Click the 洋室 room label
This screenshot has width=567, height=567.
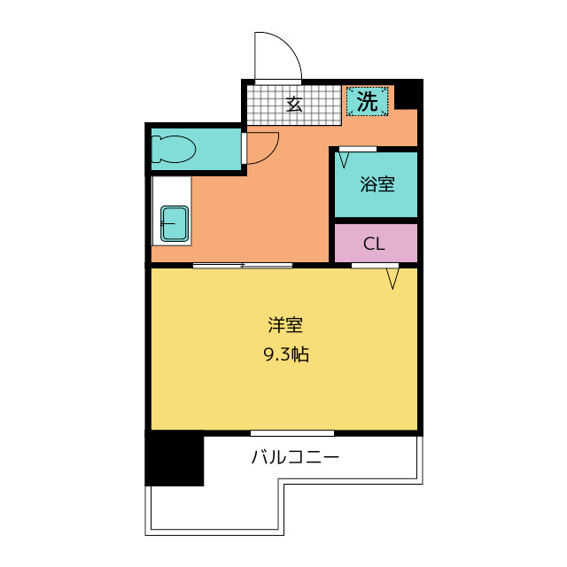tap(285, 325)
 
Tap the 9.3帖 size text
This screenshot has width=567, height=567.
tap(286, 354)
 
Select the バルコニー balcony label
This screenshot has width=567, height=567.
tap(295, 457)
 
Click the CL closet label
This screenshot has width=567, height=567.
tap(374, 244)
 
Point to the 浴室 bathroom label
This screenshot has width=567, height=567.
tap(377, 184)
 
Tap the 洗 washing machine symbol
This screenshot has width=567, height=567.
tap(367, 101)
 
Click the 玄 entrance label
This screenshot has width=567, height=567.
tap(294, 105)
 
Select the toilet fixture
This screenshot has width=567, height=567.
tap(174, 149)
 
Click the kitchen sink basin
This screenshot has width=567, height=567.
tap(175, 223)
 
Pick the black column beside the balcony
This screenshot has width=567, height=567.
tap(175, 459)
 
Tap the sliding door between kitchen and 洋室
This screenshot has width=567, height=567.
tap(242, 266)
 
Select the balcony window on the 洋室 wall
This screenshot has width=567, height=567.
tap(292, 433)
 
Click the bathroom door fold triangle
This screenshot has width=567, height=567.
tap(344, 159)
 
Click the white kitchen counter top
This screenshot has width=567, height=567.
tap(171, 211)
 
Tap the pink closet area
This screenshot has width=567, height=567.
tap(376, 243)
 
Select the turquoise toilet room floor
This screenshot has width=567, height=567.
tap(196, 149)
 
